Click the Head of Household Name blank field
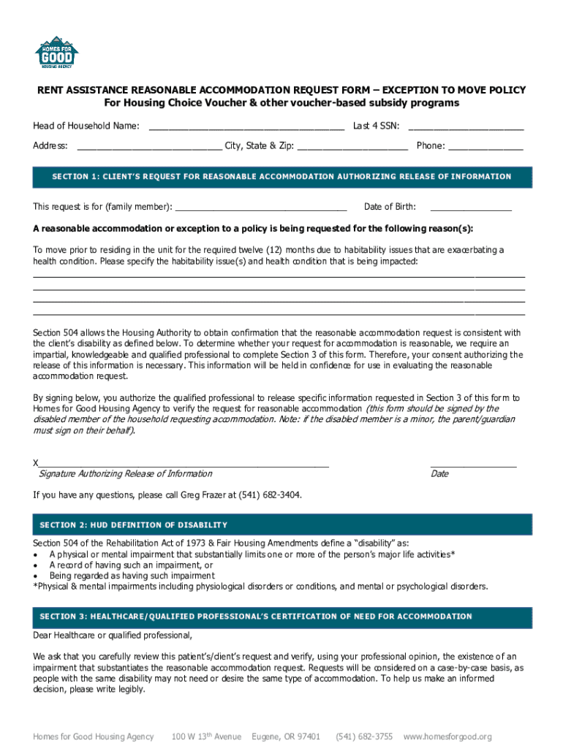pyautogui.click(x=246, y=128)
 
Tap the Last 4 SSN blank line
pyautogui.click(x=466, y=128)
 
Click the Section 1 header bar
pyautogui.click(x=281, y=177)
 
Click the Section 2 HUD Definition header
pyautogui.click(x=281, y=524)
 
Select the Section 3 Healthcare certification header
pyautogui.click(x=281, y=617)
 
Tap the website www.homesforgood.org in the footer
pyautogui.click(x=447, y=736)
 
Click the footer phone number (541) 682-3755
pyautogui.click(x=363, y=736)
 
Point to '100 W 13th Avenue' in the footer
pyautogui.click(x=206, y=736)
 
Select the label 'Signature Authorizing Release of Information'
pyautogui.click(x=125, y=474)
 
